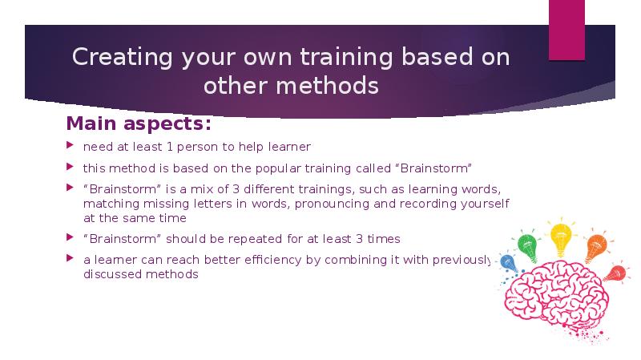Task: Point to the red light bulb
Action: (615, 273)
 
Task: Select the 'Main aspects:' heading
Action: (139, 125)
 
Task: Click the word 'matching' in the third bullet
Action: (108, 204)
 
